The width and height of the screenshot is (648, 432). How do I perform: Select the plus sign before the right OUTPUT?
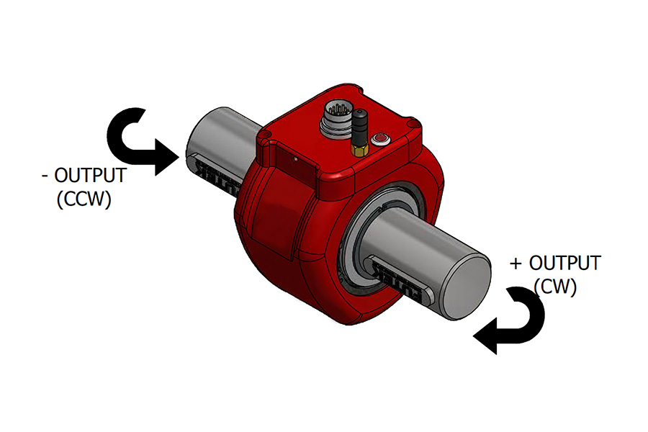click(x=515, y=264)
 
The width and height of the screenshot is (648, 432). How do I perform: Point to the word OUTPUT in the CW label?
click(x=564, y=264)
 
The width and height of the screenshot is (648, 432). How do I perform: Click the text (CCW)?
click(x=84, y=199)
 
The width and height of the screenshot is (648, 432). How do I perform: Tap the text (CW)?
click(x=555, y=287)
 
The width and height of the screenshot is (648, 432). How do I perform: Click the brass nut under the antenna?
click(x=358, y=149)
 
